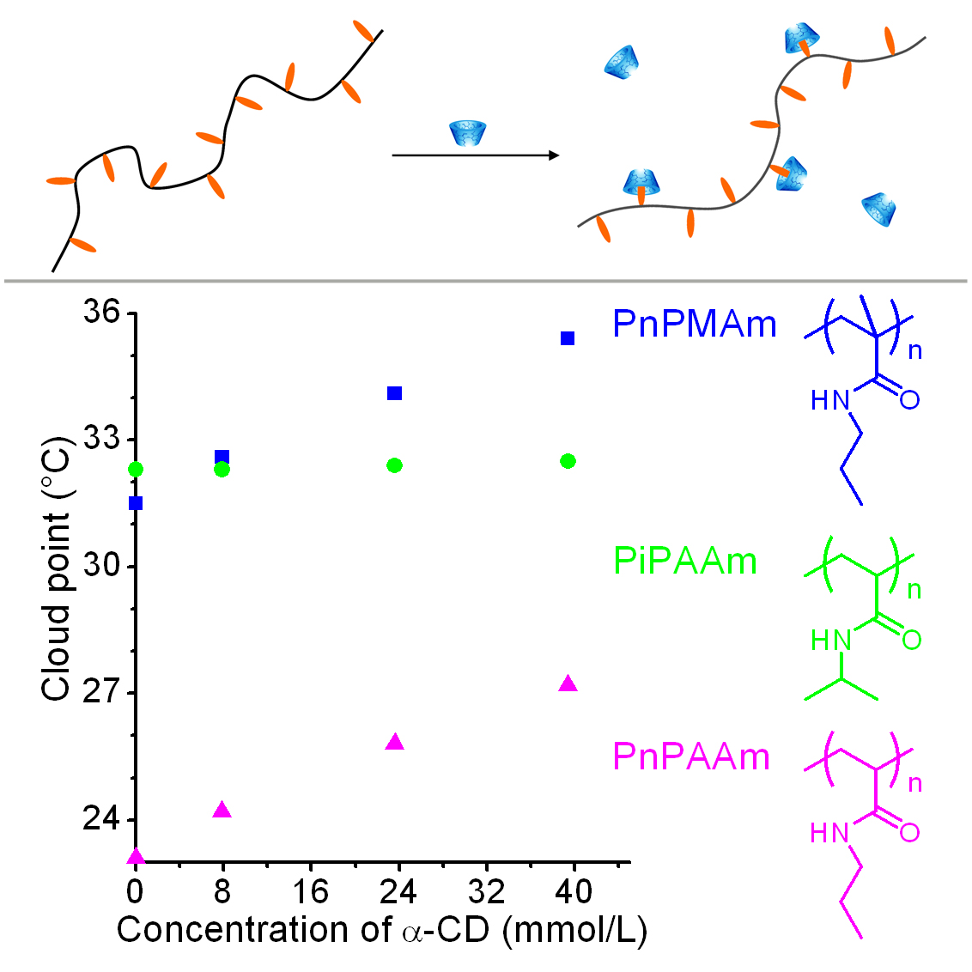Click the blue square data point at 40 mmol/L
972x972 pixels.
pos(567,338)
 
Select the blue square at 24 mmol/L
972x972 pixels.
pos(394,393)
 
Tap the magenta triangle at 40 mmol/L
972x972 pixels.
pos(568,684)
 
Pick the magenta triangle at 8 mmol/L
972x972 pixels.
pos(222,810)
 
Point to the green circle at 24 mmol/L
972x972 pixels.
pos(394,465)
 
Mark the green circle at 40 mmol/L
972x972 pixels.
pos(568,461)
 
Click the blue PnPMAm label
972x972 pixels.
pos(695,325)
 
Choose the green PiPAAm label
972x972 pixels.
pos(685,562)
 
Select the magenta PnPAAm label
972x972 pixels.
pos(691,756)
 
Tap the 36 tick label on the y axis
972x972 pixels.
pos(102,313)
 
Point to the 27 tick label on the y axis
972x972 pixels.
pos(102,692)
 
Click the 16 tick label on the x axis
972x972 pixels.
pos(310,892)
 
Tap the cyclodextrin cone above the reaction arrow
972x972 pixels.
pos(468,133)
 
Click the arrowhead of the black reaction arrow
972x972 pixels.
pos(554,155)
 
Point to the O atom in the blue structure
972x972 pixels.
pos(909,400)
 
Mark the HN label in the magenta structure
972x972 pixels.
pos(829,833)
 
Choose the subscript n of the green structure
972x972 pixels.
pos(914,590)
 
